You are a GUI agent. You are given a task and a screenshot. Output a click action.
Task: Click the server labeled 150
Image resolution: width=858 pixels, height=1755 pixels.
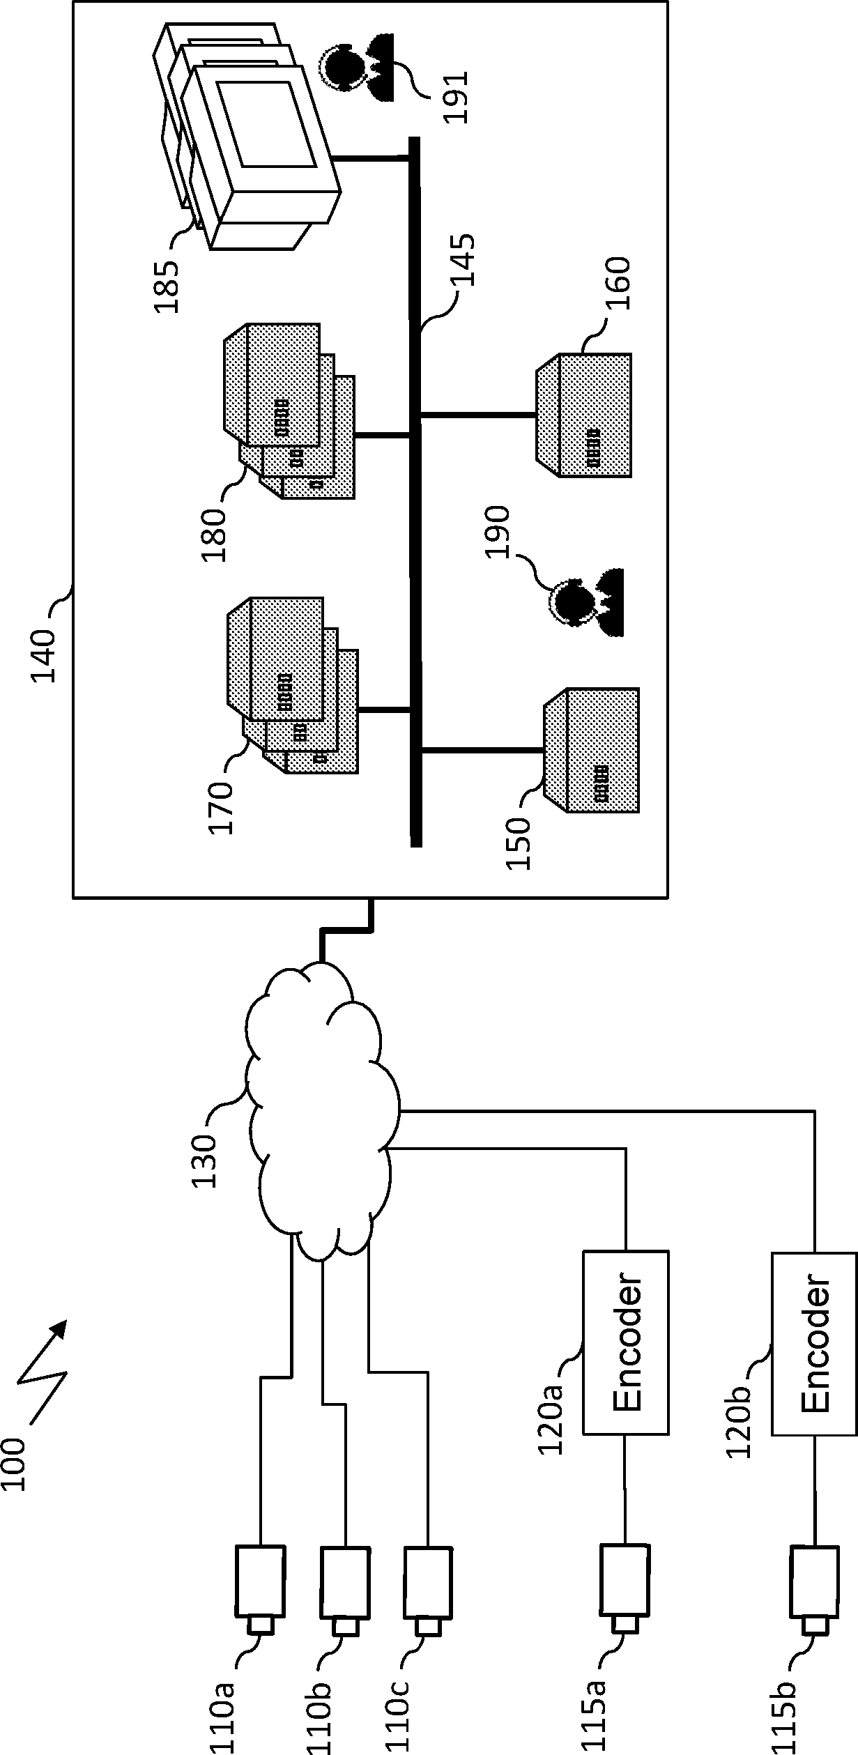(592, 751)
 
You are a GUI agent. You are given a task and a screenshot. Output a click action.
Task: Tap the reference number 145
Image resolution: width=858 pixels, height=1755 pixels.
(462, 259)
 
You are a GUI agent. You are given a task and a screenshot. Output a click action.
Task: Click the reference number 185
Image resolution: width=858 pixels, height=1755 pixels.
(167, 286)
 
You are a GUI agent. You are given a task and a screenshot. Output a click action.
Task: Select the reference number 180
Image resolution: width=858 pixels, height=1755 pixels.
(213, 535)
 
